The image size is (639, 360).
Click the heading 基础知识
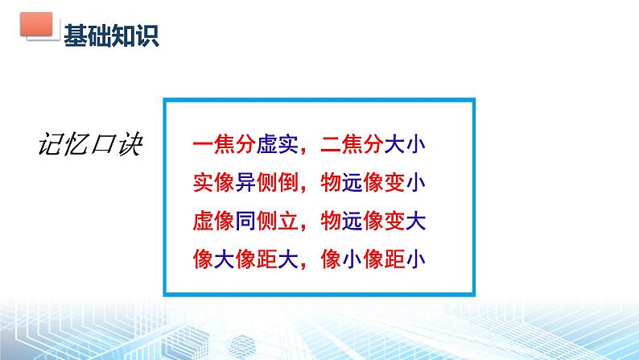click(x=111, y=35)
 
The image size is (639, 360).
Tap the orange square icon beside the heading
click(x=37, y=24)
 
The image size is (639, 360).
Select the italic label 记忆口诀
click(x=90, y=144)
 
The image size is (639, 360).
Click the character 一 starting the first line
click(x=203, y=144)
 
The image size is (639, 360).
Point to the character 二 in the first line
click(x=331, y=144)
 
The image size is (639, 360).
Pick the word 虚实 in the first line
click(x=277, y=144)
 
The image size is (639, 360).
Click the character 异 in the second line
click(x=245, y=182)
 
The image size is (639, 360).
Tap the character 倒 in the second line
click(x=288, y=182)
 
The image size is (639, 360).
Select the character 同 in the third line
click(x=245, y=221)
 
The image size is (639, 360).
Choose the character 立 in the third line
click(x=288, y=221)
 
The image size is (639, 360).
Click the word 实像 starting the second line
click(x=213, y=182)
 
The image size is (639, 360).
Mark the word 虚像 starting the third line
click(x=213, y=221)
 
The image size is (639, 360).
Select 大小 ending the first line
click(x=405, y=144)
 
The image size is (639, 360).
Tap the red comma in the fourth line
click(x=303, y=265)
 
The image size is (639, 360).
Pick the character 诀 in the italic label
click(x=130, y=144)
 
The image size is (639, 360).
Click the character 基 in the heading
click(x=76, y=35)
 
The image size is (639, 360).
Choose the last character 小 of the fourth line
click(x=415, y=259)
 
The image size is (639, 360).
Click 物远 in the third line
click(x=341, y=221)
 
